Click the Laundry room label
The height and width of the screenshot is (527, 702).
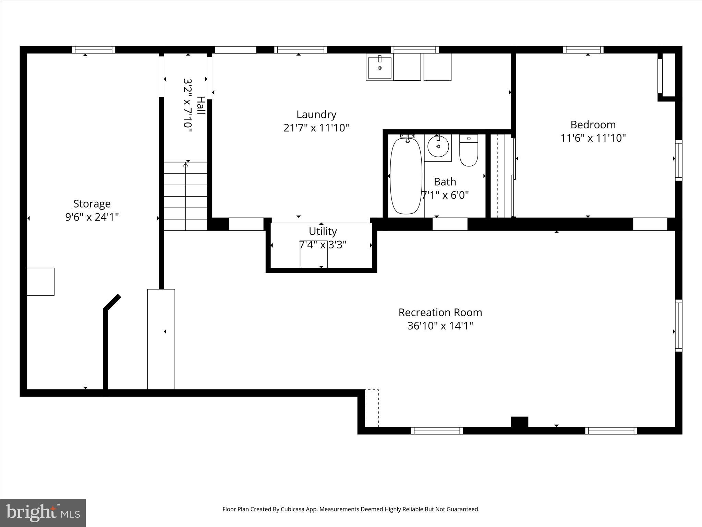pos(316,114)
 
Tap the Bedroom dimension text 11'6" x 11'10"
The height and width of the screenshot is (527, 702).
pos(593,138)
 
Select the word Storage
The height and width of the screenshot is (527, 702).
pos(92,203)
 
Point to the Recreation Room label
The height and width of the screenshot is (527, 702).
pos(440,312)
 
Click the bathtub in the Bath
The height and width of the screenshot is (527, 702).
pos(406,176)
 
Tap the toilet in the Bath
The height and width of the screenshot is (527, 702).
pos(469,151)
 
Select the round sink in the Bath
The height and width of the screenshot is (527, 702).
pos(438,147)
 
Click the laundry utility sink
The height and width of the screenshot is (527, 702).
pos(379,67)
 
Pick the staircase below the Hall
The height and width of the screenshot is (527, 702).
pos(185,196)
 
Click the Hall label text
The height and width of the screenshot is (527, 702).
pos(201,105)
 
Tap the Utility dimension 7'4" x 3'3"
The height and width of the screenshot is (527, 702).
pos(323,245)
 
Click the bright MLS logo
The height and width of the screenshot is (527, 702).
pos(43,513)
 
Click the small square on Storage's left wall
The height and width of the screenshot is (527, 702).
pos(40,282)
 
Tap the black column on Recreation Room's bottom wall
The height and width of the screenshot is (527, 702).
pos(519,422)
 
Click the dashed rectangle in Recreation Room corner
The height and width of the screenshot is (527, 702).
pos(372,408)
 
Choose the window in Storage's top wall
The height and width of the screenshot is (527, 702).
pos(94,50)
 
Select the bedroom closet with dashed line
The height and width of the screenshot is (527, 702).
pos(500,176)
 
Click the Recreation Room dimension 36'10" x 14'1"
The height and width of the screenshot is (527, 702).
pos(440,326)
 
